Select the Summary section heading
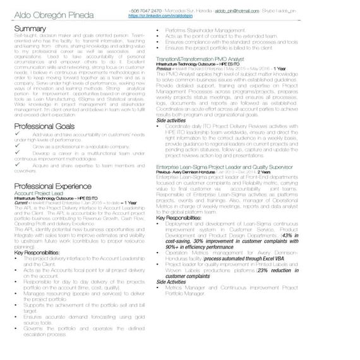coord(30,29)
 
